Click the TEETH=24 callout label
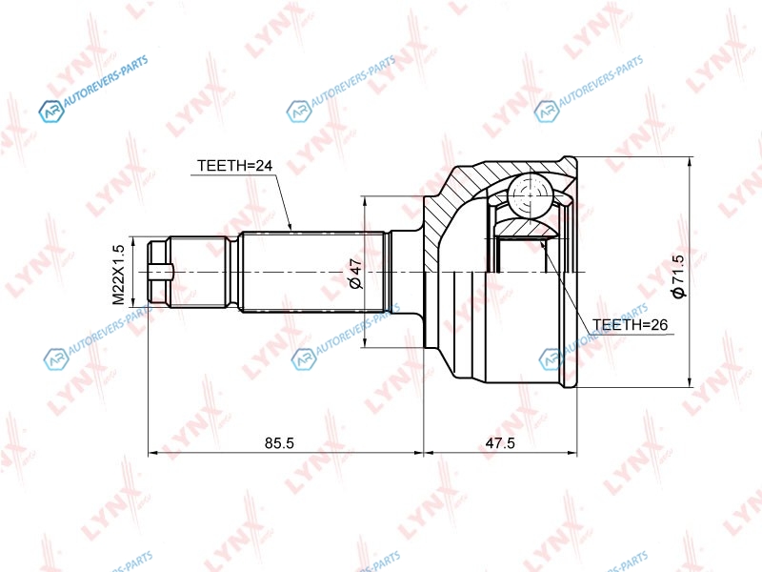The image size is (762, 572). point(234,166)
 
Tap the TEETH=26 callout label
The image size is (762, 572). point(631,324)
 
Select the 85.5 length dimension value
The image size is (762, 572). point(279,443)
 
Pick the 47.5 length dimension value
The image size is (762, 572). point(500,443)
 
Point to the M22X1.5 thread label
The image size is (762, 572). point(118,275)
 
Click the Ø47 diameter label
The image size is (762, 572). point(355,274)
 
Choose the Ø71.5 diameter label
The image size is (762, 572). point(677,276)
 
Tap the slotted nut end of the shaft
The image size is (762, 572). point(159,273)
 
